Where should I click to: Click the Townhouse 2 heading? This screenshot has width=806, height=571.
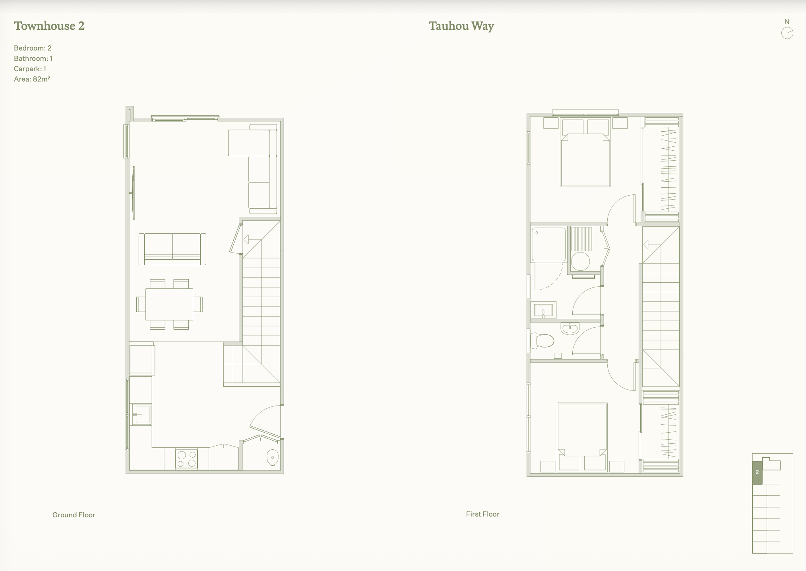pos(49,26)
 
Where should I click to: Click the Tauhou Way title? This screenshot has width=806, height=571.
pos(461,26)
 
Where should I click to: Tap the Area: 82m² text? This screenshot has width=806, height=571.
pos(32,79)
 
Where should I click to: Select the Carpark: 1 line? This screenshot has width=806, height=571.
pos(30,68)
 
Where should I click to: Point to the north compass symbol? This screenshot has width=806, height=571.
pos(787,33)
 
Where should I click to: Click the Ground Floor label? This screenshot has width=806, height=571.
pos(74,515)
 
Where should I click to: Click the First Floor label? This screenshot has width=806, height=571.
pos(482,514)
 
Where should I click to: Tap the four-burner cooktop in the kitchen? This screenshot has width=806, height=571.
pos(186,459)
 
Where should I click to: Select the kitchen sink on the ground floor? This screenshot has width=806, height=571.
pos(141,414)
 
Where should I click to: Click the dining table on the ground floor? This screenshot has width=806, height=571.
pos(169,304)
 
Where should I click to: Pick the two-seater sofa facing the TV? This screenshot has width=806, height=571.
pos(172,249)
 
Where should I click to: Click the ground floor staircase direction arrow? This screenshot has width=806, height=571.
pos(251,239)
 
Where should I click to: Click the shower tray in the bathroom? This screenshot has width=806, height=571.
pos(548,245)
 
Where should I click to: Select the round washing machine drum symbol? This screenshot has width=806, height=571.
pos(580,262)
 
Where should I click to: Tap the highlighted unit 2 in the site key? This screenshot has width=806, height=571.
pos(757,472)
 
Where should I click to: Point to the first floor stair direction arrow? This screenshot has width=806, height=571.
pos(651,245)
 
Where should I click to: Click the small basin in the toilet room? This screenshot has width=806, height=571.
pos(570,328)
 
